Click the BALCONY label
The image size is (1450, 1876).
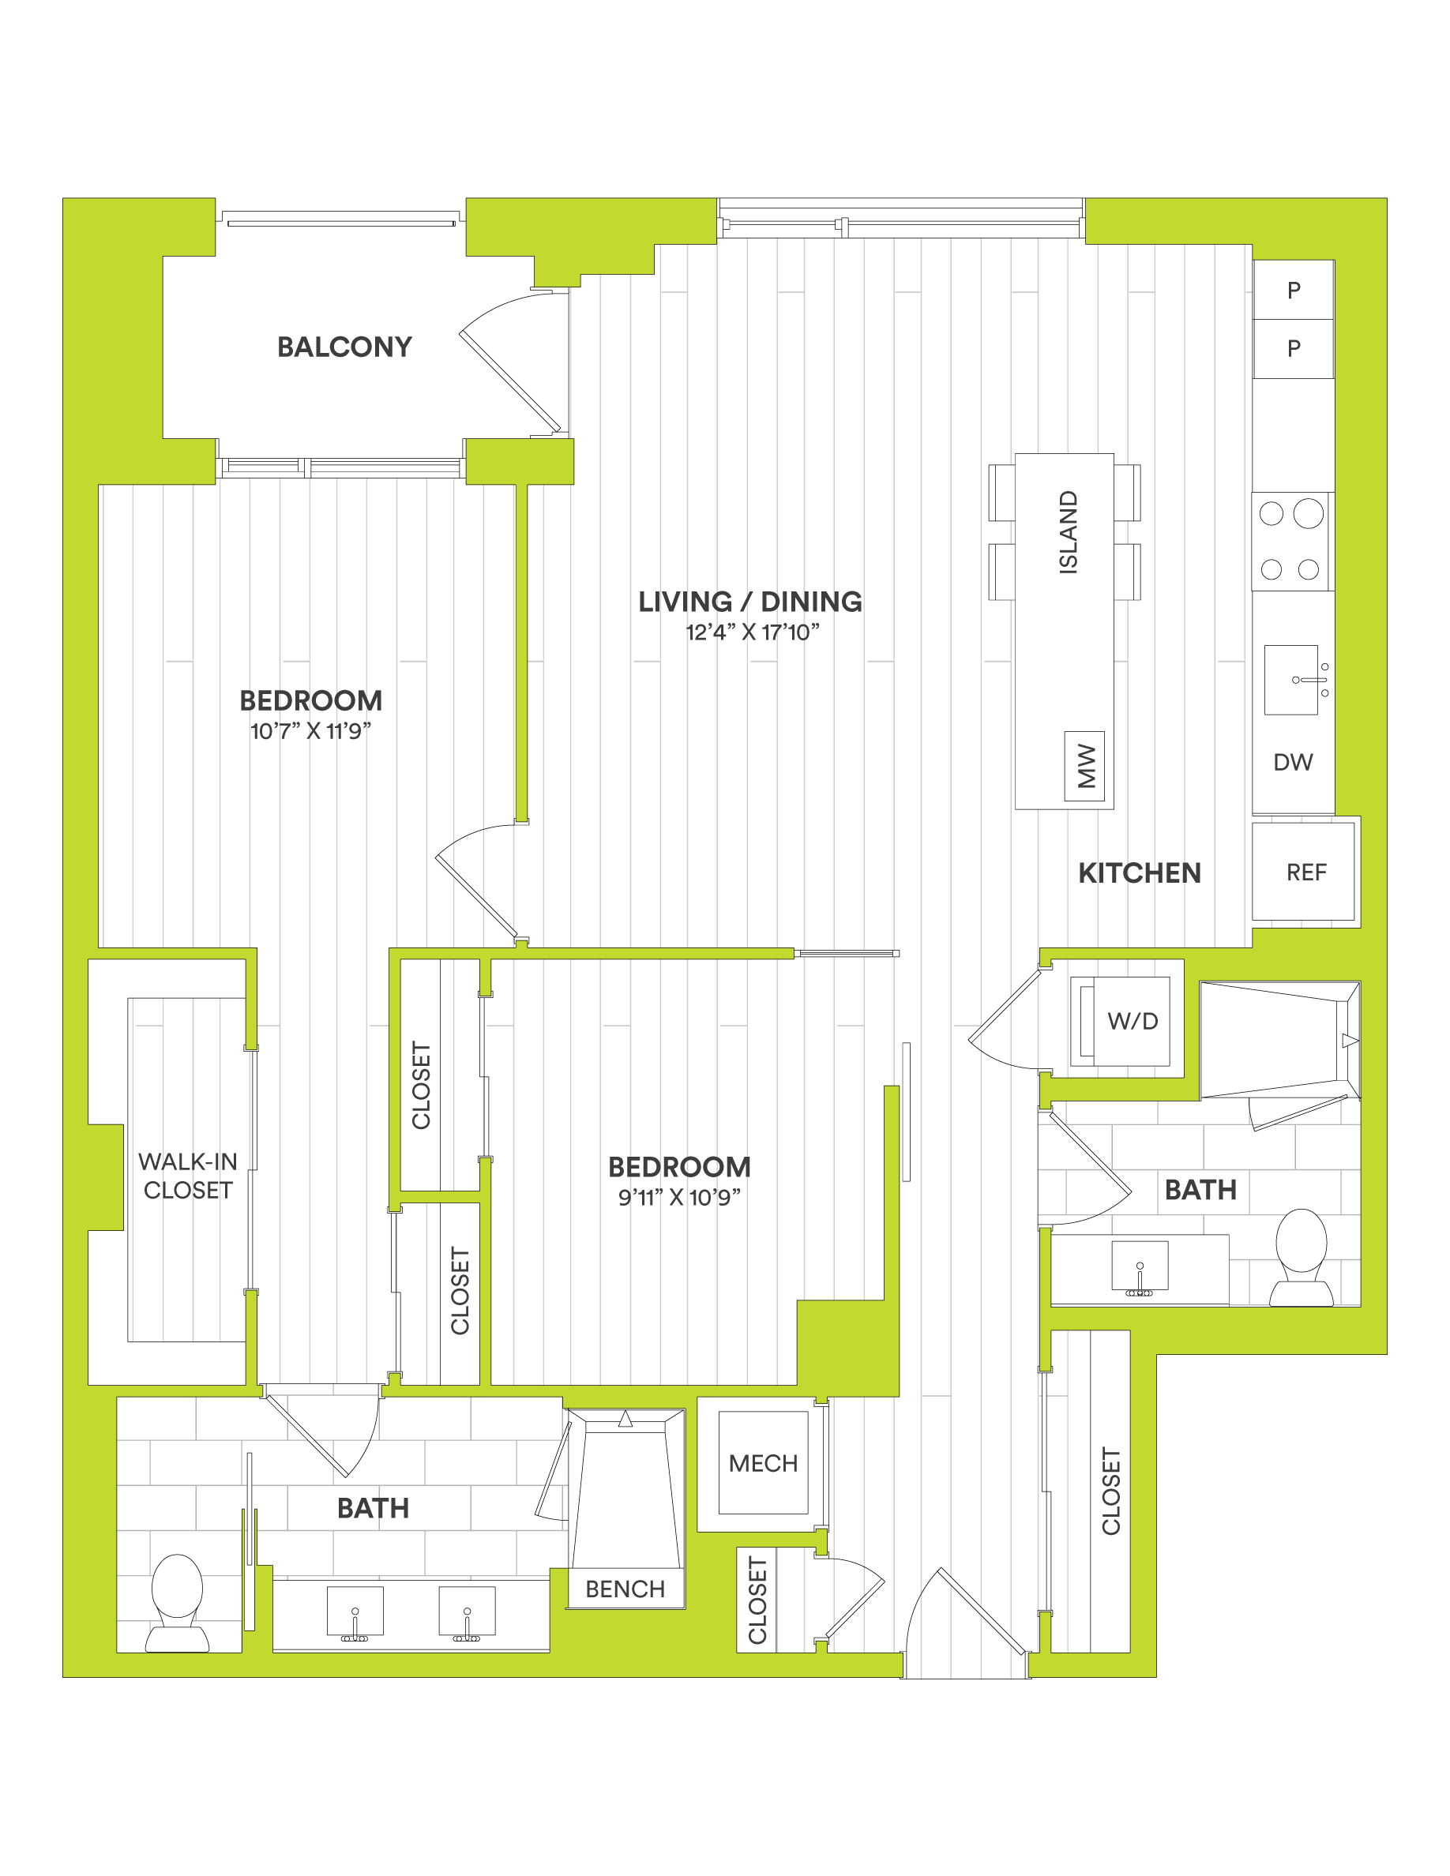click(344, 347)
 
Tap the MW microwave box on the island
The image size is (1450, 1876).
click(1084, 766)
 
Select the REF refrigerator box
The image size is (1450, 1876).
click(1304, 872)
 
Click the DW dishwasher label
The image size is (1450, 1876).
click(1293, 762)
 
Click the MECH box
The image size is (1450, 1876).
click(763, 1463)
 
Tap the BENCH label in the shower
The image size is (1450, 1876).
click(625, 1589)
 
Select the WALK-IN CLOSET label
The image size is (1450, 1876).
click(188, 1176)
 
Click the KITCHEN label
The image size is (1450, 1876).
click(1139, 873)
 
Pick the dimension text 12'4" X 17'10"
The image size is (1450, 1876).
click(753, 633)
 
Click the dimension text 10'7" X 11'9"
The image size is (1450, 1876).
click(311, 732)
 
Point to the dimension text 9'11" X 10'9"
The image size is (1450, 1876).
click(679, 1198)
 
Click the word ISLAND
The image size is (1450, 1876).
click(1068, 533)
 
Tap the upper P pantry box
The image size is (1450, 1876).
click(1294, 291)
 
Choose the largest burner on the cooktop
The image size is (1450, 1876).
click(1309, 514)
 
